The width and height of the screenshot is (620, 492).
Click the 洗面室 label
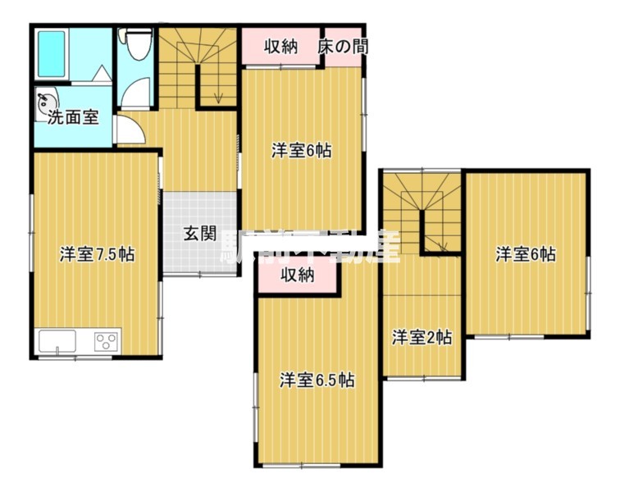coord(73,117)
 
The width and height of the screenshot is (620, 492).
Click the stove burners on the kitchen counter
coord(105,340)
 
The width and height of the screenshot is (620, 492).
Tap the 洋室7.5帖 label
coord(97,254)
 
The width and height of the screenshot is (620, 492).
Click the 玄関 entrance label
coord(199,233)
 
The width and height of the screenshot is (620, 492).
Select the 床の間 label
coord(343,47)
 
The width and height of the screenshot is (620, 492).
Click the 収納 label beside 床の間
coord(280,47)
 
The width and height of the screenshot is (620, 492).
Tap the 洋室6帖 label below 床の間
coord(302,151)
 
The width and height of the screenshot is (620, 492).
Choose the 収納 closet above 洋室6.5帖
coord(298,276)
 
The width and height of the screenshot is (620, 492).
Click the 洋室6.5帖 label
coord(317,380)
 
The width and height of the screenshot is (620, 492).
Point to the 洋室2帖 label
coord(421,336)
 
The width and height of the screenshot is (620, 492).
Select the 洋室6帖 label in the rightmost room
coord(526,254)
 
